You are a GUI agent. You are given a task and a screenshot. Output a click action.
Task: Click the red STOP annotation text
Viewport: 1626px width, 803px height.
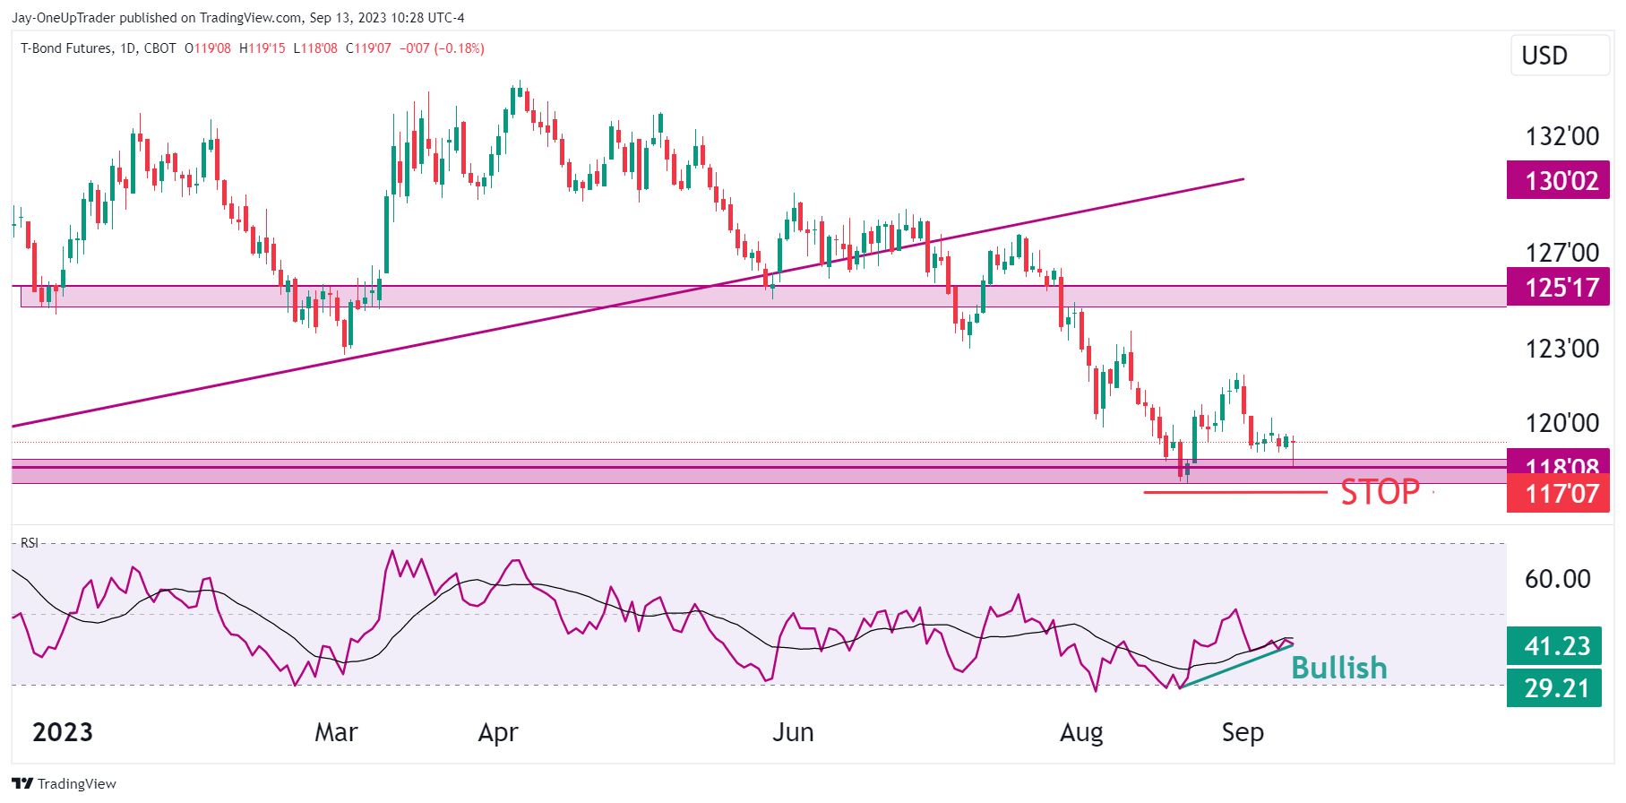1380,492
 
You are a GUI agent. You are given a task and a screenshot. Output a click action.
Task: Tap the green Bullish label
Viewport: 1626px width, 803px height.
1338,668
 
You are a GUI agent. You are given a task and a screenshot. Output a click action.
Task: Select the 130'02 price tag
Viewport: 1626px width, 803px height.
1558,181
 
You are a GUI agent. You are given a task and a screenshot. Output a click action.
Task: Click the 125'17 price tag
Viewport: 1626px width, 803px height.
1558,288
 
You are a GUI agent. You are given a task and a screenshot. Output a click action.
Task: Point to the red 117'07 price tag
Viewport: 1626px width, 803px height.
1558,494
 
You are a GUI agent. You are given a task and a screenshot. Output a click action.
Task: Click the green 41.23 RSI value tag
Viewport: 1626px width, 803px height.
1554,646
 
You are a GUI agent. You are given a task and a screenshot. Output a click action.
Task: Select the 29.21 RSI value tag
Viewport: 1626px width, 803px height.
1554,688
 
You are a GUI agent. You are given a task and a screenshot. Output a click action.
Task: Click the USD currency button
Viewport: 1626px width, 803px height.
1544,56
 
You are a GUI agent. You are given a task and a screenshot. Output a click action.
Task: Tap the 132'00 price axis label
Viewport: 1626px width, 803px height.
1561,136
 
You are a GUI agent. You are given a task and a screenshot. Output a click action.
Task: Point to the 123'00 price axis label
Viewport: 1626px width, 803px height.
1561,349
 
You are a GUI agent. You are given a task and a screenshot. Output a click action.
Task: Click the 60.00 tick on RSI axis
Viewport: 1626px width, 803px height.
1557,579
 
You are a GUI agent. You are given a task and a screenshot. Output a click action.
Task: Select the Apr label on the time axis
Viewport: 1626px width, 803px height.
498,732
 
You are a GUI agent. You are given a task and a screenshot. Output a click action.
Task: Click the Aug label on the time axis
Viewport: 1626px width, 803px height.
1081,732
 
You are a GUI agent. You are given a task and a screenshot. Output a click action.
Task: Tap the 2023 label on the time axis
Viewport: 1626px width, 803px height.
63,732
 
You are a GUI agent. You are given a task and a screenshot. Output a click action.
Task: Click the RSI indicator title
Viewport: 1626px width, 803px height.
30,543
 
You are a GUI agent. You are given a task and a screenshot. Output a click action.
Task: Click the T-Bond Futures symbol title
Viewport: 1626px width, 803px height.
66,48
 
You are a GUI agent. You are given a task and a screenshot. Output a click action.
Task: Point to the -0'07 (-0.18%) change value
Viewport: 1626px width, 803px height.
442,48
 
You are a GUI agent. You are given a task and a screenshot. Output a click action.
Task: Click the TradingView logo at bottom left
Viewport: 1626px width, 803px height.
65,783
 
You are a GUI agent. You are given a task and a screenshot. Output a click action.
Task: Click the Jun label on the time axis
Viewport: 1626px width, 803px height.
793,732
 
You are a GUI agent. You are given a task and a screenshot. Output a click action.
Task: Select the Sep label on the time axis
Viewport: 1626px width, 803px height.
1243,732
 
